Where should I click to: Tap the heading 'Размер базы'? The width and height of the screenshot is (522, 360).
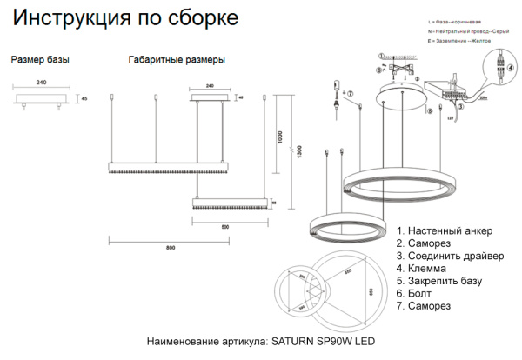coord(40,60)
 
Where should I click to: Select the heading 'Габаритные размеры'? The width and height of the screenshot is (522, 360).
coord(177,60)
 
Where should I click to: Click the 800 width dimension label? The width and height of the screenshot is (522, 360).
coord(171,250)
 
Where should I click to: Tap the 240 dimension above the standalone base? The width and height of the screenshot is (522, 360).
coord(40,83)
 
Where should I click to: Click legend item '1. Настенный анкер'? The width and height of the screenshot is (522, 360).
coord(444,231)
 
